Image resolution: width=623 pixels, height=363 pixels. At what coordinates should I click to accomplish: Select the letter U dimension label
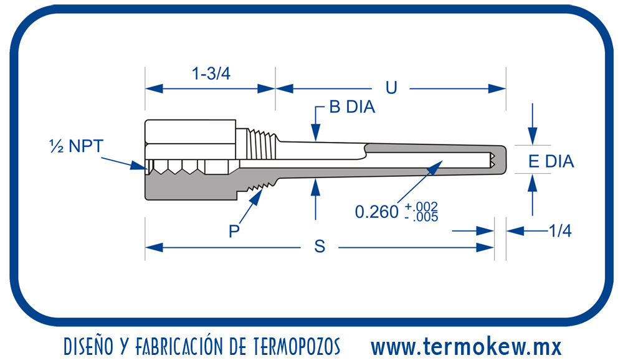(391, 88)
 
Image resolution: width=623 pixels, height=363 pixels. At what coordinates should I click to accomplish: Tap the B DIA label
(352, 107)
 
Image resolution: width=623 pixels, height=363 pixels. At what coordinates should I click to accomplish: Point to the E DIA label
(551, 161)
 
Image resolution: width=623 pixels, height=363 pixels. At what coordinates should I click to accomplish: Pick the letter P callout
(234, 232)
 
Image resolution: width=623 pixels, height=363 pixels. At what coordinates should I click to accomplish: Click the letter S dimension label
(320, 247)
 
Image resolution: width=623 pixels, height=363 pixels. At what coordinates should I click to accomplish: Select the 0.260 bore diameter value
(376, 212)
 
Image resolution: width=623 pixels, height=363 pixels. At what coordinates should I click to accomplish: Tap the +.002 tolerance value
(421, 206)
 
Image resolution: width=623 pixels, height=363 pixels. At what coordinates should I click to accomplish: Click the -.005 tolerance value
(421, 217)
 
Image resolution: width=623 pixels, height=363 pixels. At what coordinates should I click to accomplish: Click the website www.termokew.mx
(466, 346)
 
